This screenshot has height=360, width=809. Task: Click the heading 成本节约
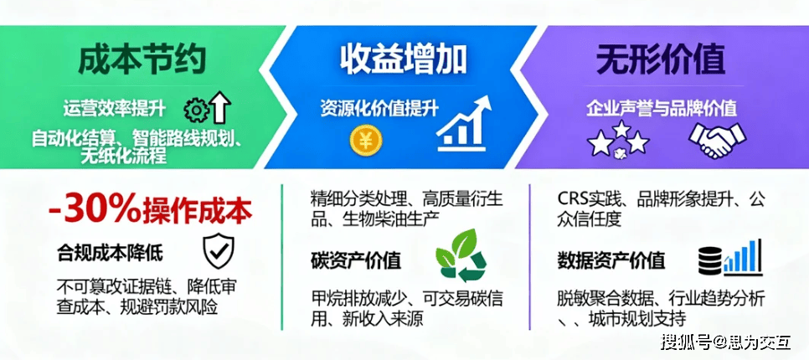coord(143,59)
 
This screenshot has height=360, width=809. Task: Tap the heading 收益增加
coord(403,59)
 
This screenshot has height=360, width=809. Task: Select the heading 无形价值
coord(661,59)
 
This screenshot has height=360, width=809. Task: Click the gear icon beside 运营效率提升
coord(197,111)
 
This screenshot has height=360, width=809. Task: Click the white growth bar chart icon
coord(463,123)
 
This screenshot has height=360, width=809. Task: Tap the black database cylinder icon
coord(710,260)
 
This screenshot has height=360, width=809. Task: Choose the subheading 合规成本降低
coord(111,254)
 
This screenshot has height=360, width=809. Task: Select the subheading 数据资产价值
coord(611,260)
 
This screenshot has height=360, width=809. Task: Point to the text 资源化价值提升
coord(379,110)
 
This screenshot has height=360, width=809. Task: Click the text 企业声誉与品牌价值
coord(661,108)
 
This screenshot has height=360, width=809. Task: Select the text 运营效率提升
coord(115,110)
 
